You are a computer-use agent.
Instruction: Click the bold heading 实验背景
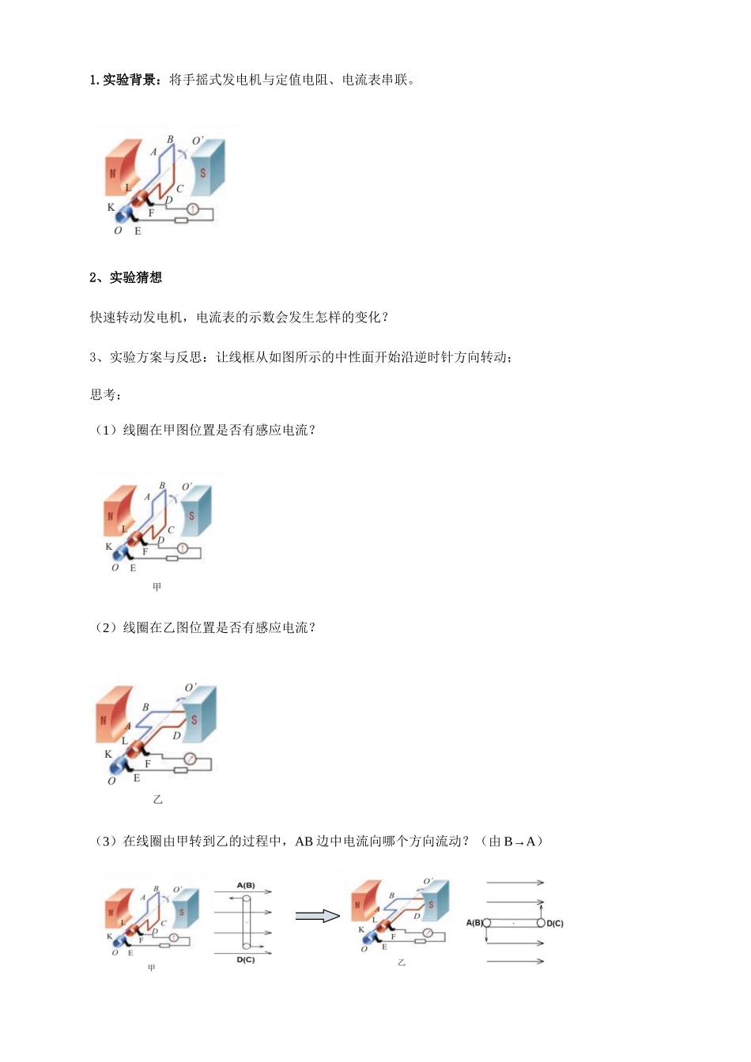tap(130, 80)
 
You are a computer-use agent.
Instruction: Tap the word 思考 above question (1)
tap(103, 394)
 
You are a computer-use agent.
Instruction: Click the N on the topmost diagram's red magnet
tap(113, 173)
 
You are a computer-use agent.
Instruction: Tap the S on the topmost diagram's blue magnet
tap(203, 172)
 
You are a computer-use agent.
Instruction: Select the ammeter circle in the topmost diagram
tap(191, 209)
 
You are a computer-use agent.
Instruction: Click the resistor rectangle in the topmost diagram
tap(181, 220)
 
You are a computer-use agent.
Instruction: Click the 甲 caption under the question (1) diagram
tap(157, 587)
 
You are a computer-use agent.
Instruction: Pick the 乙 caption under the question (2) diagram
tap(157, 800)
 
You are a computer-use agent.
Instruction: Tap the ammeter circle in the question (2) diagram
tap(190, 759)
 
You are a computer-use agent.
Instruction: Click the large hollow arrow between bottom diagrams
tap(317, 916)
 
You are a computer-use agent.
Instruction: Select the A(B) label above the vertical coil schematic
tap(245, 886)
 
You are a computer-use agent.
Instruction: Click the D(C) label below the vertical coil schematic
tap(245, 960)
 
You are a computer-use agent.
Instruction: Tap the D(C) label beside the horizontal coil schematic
tap(555, 923)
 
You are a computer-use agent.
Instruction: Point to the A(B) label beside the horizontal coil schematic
tap(474, 923)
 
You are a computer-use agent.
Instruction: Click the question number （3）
tap(106, 842)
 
